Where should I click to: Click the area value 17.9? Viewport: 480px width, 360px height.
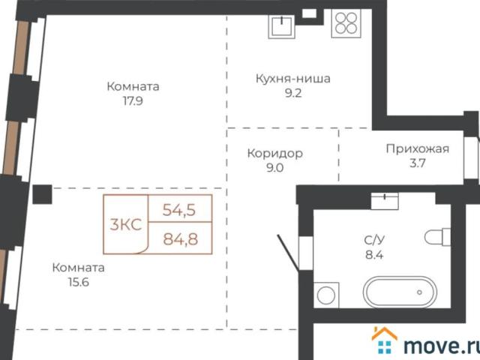click(x=133, y=101)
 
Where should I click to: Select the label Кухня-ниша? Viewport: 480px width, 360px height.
click(x=293, y=79)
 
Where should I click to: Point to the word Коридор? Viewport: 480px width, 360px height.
click(x=274, y=154)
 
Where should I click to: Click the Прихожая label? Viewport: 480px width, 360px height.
click(x=417, y=148)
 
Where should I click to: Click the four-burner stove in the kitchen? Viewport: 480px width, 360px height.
click(x=346, y=24)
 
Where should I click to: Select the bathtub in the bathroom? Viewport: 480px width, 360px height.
click(x=398, y=290)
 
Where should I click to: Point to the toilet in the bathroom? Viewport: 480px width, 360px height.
click(x=436, y=238)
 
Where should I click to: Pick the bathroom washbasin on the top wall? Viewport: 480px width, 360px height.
click(x=385, y=200)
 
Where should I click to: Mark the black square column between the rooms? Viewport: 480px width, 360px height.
click(x=42, y=194)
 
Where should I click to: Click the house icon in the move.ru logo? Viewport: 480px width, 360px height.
click(x=385, y=341)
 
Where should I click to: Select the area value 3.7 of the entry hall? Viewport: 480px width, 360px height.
click(x=416, y=163)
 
